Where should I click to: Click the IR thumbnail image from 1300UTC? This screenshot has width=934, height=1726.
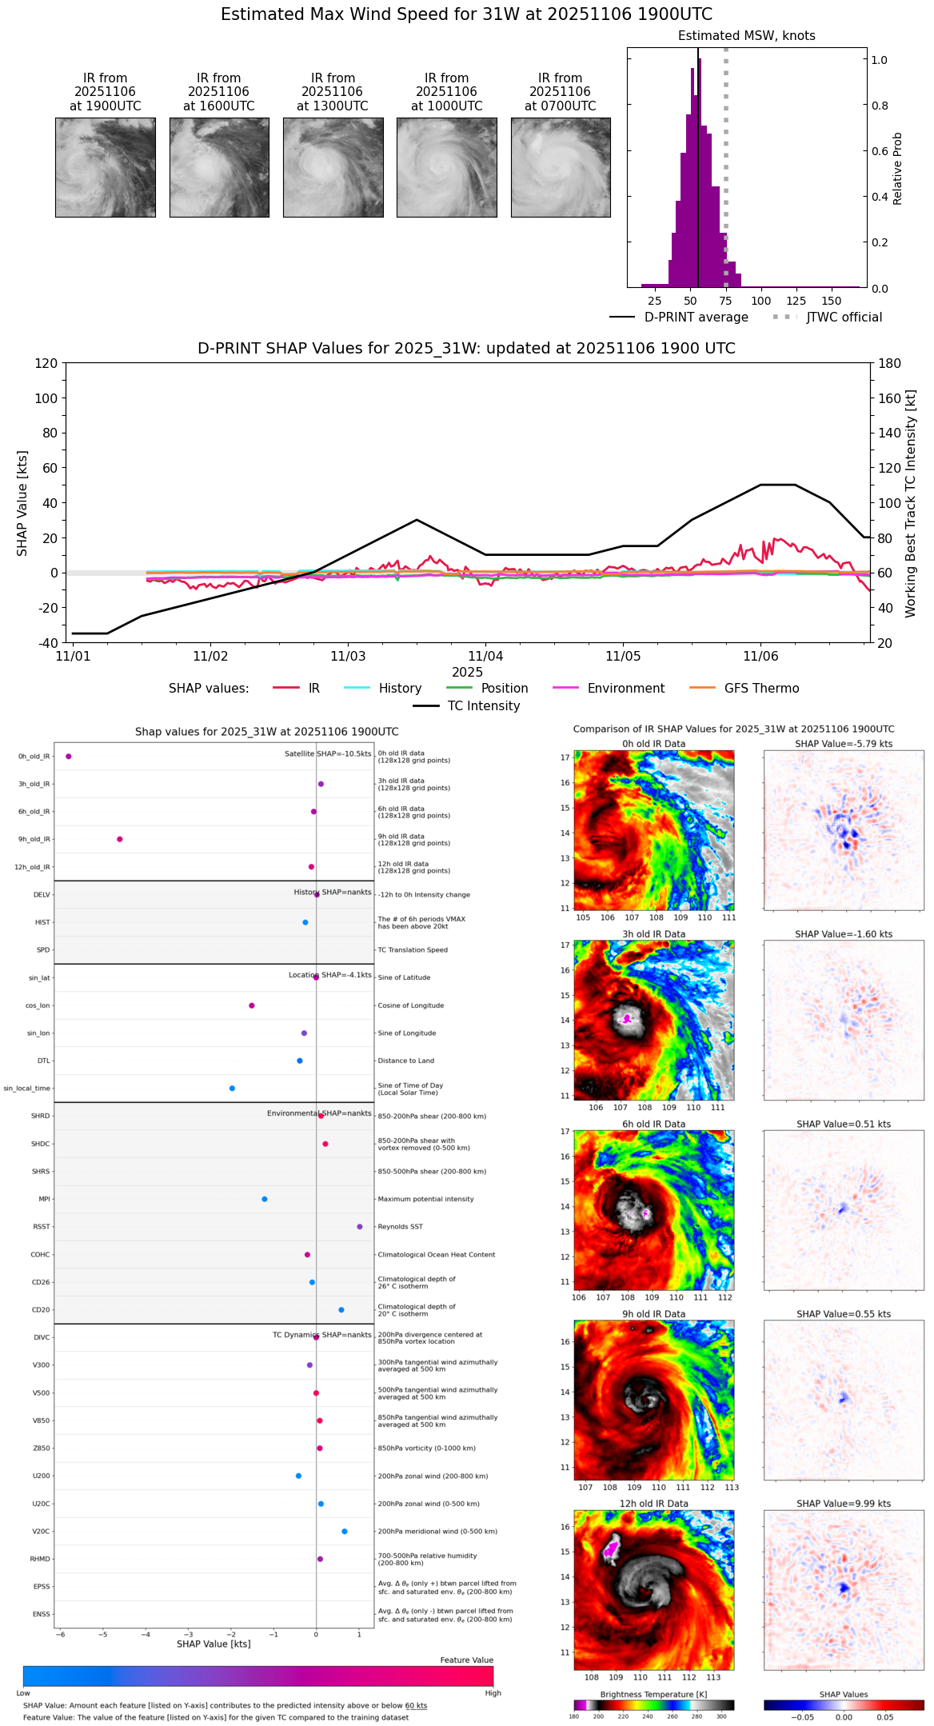coord(333,167)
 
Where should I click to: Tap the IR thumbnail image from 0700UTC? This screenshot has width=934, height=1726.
coord(561,167)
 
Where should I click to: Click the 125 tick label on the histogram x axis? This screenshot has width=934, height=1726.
coord(796,302)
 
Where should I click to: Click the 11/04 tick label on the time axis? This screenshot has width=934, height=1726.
coord(485,657)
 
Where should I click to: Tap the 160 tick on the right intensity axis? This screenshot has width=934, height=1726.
coord(889,398)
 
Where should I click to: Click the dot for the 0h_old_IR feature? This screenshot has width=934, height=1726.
coord(69,757)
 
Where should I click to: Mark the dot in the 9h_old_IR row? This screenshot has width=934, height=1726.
coord(120,839)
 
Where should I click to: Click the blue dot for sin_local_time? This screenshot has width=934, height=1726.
coord(232,1089)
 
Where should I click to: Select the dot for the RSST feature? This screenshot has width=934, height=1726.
coord(360,1227)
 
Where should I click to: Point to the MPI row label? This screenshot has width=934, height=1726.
coord(45,1200)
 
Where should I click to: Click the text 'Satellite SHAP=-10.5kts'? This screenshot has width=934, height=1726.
coord(328,754)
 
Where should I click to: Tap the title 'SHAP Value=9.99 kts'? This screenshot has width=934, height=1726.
coord(844,1504)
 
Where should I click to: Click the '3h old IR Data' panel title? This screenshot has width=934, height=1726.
coord(653,934)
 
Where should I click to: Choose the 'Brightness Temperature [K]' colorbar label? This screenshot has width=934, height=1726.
coord(653,1695)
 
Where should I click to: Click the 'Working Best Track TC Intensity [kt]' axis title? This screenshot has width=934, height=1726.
coord(911,504)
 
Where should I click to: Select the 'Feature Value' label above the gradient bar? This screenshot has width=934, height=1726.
coord(466,1660)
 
